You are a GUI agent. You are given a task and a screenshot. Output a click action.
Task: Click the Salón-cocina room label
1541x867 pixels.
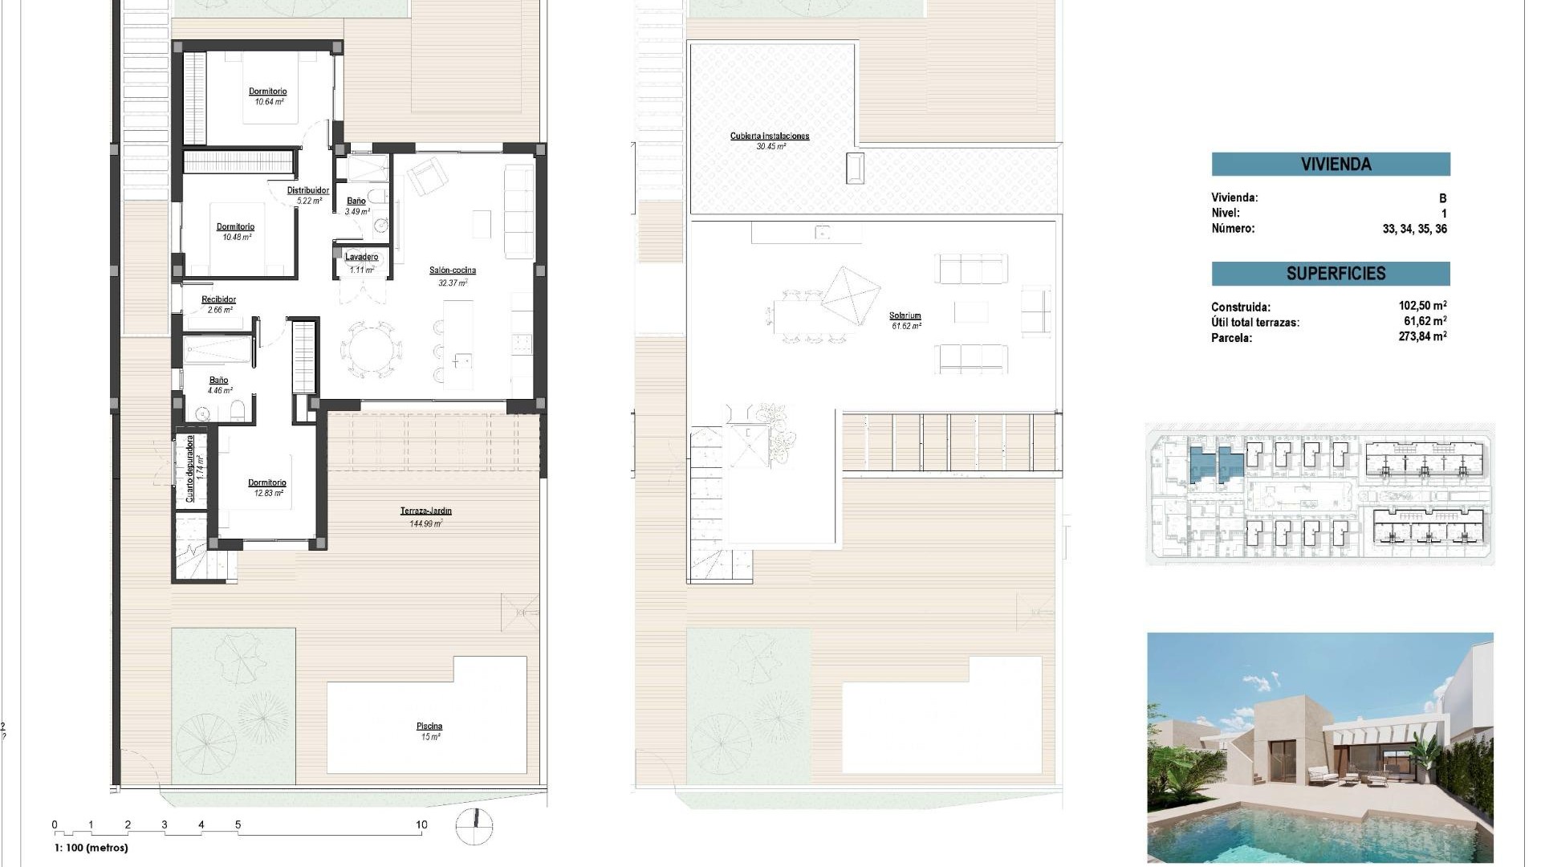pos(453,271)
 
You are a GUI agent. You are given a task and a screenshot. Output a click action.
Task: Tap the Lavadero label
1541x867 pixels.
pos(361,257)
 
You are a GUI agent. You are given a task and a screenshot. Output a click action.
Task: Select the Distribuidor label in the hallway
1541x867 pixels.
pos(308,190)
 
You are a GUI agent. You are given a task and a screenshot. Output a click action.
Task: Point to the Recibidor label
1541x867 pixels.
pos(218,299)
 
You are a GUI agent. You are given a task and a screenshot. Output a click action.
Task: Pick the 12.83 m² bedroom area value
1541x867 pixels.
pos(268,493)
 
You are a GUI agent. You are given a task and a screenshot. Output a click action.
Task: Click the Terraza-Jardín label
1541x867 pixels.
pos(425,511)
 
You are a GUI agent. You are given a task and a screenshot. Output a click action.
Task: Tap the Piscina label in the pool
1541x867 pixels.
pos(429,727)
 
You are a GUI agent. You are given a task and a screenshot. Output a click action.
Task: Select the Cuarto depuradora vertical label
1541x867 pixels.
pos(190,468)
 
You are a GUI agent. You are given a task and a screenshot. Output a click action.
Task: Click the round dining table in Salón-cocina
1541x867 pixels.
pos(371,349)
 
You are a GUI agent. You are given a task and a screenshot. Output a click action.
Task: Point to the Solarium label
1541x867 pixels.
pos(905,315)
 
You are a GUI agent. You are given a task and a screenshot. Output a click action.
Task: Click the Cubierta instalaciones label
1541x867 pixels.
pos(770,136)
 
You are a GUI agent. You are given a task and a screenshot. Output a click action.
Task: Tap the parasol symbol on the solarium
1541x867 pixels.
pos(851,295)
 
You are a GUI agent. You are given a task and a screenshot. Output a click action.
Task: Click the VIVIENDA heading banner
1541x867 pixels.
pos(1330,165)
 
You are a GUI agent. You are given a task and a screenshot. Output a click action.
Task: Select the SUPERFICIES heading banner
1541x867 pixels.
pos(1330,274)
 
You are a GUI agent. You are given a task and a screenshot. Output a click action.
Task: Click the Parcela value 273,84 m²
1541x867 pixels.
pos(1422,337)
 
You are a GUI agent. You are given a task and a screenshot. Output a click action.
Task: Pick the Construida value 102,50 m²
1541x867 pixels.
pos(1422,306)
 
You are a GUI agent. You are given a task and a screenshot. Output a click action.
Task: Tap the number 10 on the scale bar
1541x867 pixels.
pos(421,824)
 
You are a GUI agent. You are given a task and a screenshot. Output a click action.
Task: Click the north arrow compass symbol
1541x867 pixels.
pos(474,827)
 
